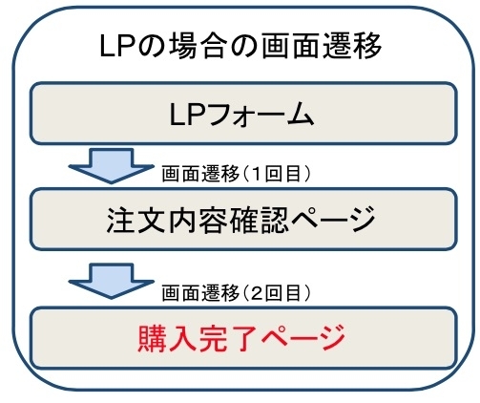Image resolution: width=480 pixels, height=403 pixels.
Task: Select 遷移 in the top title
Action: (x=352, y=47)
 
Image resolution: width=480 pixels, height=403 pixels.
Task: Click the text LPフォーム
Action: (x=242, y=116)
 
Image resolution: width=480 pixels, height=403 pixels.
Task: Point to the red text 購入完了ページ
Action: (x=241, y=338)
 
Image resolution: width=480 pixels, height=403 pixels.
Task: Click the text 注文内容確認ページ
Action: (x=240, y=220)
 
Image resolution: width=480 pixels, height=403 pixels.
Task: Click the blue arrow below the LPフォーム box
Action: (x=111, y=165)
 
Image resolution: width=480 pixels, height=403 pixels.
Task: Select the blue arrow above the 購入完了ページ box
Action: (x=111, y=281)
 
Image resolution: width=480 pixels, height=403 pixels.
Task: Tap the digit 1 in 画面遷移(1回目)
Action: (x=257, y=174)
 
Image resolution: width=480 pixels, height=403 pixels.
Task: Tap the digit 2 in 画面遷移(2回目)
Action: (x=257, y=293)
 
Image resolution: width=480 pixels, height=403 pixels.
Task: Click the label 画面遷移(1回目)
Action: (x=236, y=174)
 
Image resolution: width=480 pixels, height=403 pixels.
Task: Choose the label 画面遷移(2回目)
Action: (x=236, y=293)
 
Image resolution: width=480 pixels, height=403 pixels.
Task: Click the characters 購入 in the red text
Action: (x=167, y=338)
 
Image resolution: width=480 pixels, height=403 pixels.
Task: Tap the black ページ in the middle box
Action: (x=333, y=219)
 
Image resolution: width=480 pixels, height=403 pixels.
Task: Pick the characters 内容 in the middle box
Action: (x=198, y=220)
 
